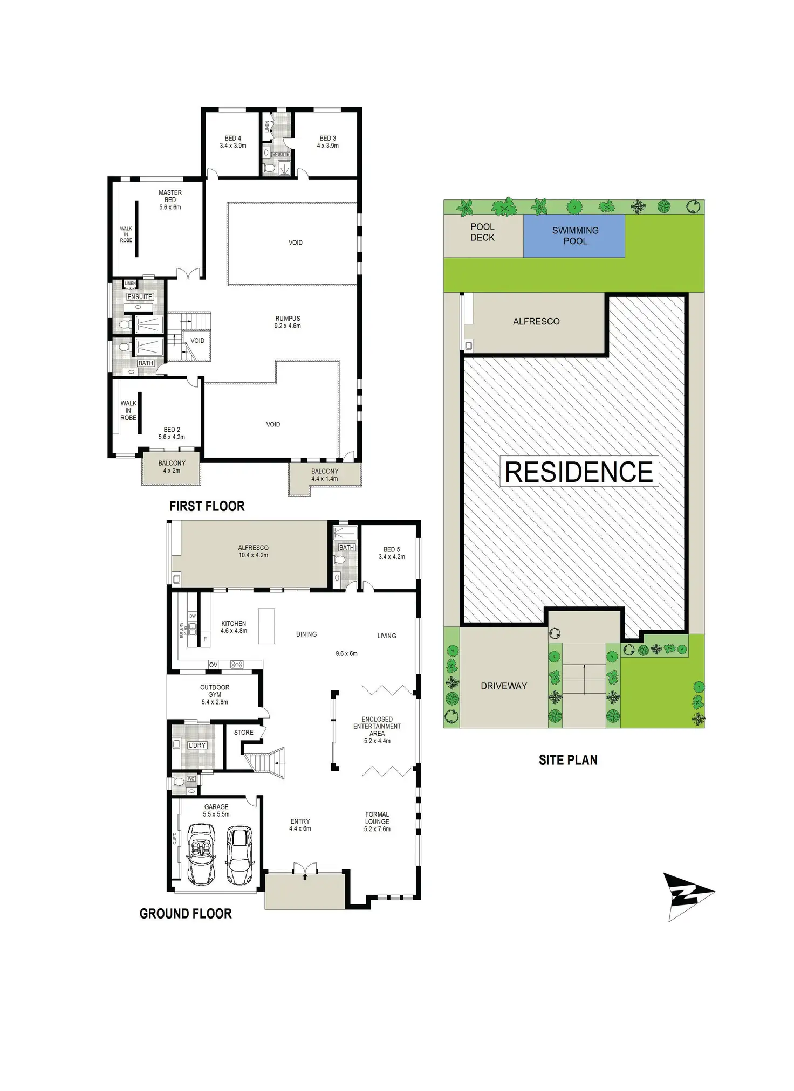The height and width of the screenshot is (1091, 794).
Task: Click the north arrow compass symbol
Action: click(686, 896)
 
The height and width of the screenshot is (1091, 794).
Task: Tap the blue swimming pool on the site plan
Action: click(574, 236)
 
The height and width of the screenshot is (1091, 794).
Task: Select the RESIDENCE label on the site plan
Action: click(579, 472)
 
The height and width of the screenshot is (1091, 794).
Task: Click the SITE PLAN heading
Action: click(568, 760)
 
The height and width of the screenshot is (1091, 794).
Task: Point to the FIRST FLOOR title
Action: click(207, 506)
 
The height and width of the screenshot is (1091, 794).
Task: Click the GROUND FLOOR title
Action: click(186, 914)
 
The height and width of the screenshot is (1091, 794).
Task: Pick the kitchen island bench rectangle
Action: click(266, 626)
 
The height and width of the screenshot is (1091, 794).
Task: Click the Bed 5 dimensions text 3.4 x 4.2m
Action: click(392, 557)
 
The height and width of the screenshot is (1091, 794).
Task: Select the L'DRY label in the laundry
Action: click(197, 745)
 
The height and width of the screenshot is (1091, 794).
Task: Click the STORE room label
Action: click(243, 733)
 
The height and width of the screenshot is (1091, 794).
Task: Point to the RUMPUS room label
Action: click(288, 319)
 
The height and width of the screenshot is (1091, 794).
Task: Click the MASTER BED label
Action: click(170, 196)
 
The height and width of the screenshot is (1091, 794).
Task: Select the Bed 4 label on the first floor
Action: click(233, 139)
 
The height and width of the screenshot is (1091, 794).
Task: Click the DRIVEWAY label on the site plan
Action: click(504, 686)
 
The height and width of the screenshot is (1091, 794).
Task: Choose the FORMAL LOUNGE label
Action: click(377, 818)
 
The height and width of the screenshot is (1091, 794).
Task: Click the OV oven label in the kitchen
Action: click(214, 665)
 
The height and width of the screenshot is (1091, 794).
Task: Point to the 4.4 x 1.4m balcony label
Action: click(324, 479)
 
